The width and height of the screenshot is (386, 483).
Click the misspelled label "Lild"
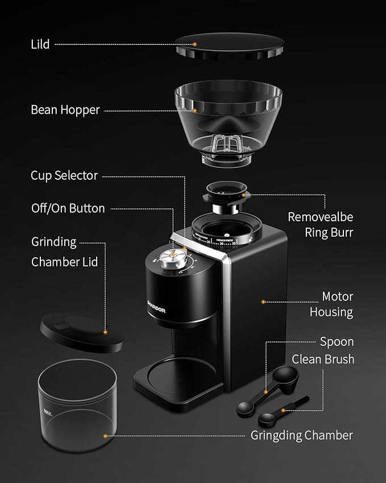tap(40, 44)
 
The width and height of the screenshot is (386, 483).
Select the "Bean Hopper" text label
tap(65, 110)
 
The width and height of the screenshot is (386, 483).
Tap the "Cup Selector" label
tap(64, 175)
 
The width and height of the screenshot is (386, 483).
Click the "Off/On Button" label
tap(68, 208)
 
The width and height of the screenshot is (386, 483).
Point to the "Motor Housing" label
tap(331, 304)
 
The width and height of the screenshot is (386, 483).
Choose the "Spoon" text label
tap(337, 341)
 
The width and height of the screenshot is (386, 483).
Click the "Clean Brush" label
tap(323, 359)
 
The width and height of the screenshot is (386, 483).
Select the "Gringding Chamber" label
tap(301, 435)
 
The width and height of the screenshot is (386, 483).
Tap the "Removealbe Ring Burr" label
tap(320, 224)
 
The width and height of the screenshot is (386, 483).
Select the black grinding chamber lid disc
tap(82, 334)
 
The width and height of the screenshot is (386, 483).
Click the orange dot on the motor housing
tap(263, 302)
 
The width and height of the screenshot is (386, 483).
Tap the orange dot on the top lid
tap(194, 44)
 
